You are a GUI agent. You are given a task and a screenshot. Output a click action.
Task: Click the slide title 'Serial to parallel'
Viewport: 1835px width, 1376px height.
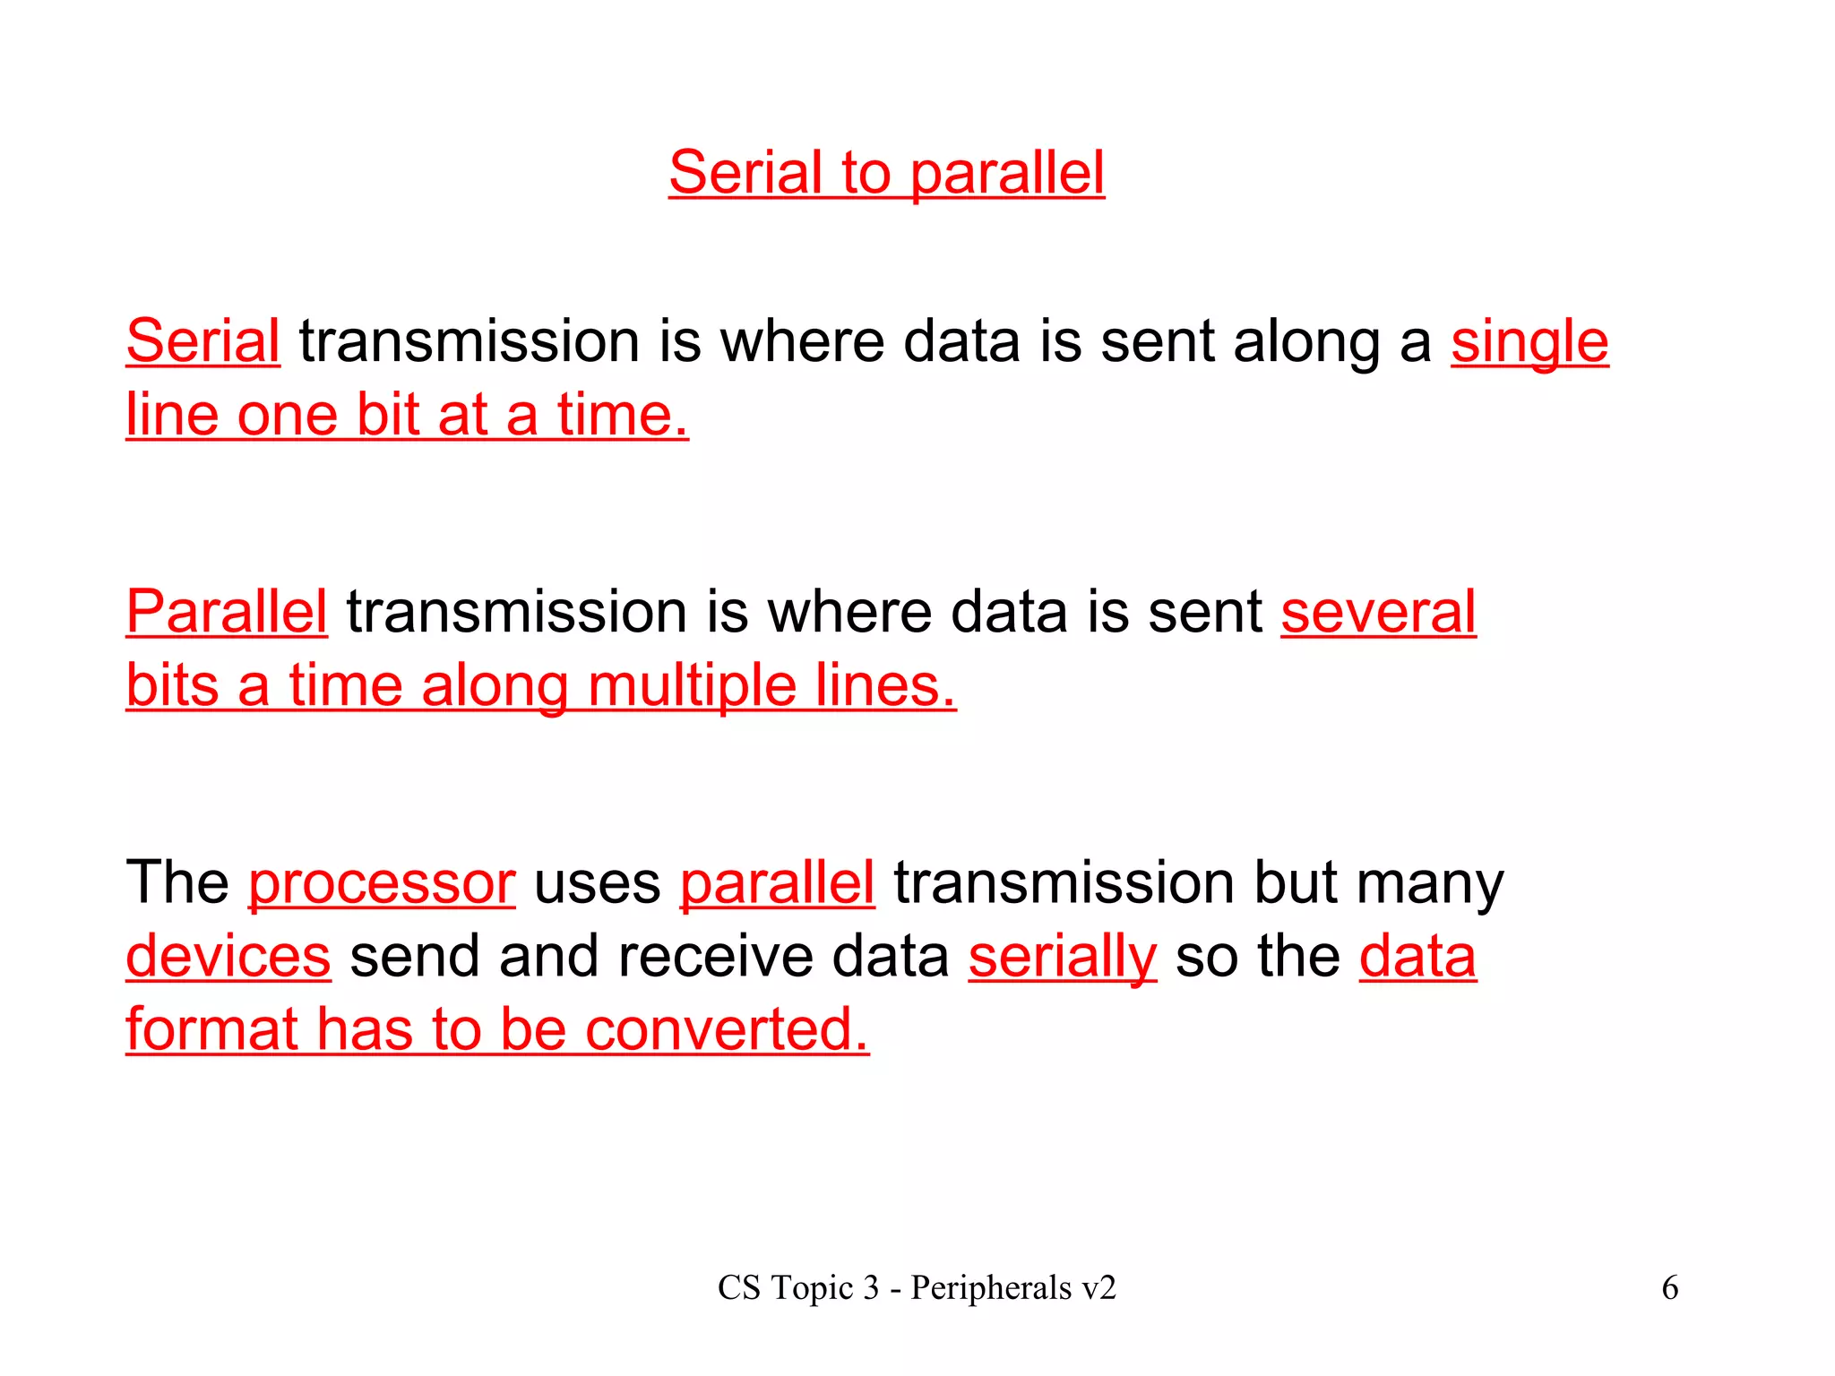pyautogui.click(x=886, y=172)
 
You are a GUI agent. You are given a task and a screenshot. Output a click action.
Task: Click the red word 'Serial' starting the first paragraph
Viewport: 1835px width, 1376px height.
pyautogui.click(x=202, y=341)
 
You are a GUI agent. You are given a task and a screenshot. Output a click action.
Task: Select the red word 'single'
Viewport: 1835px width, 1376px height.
pyautogui.click(x=1529, y=341)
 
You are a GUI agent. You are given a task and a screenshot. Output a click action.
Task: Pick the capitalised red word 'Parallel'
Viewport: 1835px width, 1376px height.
pyautogui.click(x=227, y=612)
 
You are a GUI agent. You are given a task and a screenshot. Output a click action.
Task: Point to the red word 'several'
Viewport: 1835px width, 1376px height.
pyautogui.click(x=1378, y=612)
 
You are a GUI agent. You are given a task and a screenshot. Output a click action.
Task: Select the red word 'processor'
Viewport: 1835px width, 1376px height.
pyautogui.click(x=382, y=882)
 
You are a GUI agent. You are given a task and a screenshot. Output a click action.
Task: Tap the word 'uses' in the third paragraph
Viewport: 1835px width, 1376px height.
pyautogui.click(x=597, y=882)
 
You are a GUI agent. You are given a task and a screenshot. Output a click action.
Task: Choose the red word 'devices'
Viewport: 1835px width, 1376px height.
pyautogui.click(x=228, y=956)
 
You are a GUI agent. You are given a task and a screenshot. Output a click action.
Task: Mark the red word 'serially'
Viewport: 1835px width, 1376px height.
pyautogui.click(x=1063, y=956)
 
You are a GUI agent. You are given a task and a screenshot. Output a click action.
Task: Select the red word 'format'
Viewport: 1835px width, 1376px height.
pyautogui.click(x=211, y=1029)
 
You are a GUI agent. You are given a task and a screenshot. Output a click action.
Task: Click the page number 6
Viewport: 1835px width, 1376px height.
pyautogui.click(x=1669, y=1288)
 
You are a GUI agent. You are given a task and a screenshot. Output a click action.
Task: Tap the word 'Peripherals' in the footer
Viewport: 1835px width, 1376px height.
pyautogui.click(x=991, y=1288)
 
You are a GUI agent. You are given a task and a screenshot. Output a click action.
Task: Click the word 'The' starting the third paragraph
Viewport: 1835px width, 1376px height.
pyautogui.click(x=177, y=882)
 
